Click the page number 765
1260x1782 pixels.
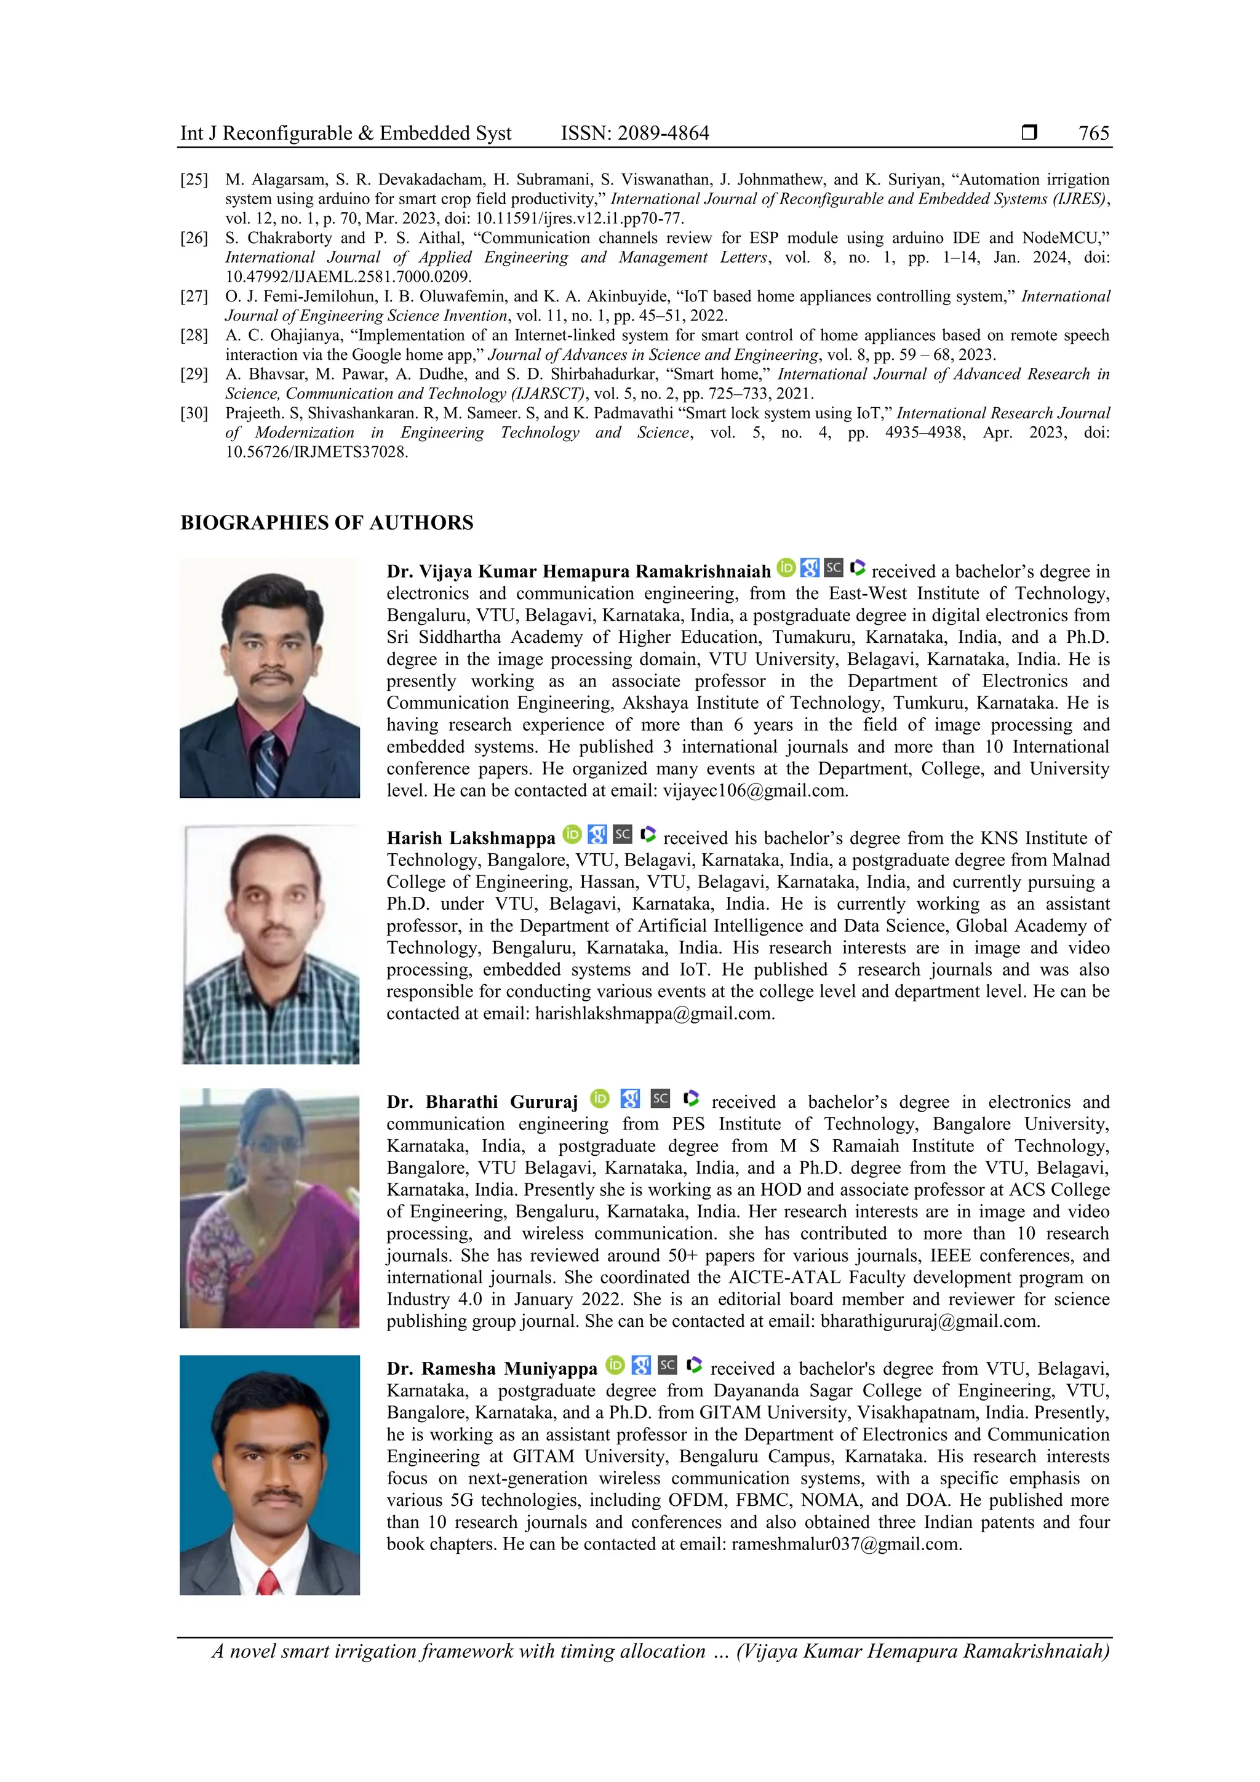coord(1093,133)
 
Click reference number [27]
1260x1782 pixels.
coord(194,296)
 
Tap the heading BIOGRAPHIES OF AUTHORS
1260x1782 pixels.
coord(327,523)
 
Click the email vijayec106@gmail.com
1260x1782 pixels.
coord(755,791)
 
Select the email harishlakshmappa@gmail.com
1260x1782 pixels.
coord(655,1014)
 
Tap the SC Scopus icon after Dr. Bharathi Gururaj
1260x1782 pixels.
coord(660,1098)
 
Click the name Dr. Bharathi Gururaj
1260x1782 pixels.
coord(482,1103)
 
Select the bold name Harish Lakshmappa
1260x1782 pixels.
coord(471,839)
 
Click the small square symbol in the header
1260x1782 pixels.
coord(1029,133)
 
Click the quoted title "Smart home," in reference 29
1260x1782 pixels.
coord(718,375)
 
